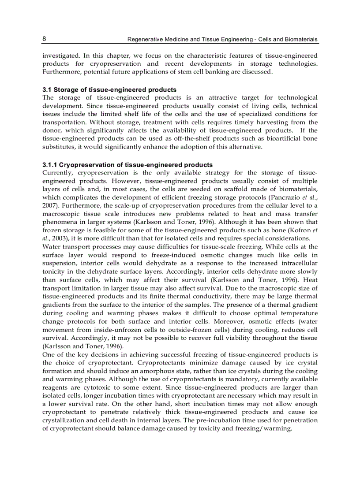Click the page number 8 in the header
coord(45,39)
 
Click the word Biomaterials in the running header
coord(300,39)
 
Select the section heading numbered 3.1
coord(109,89)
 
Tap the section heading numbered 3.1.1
coord(127,165)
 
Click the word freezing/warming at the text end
coord(264,428)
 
